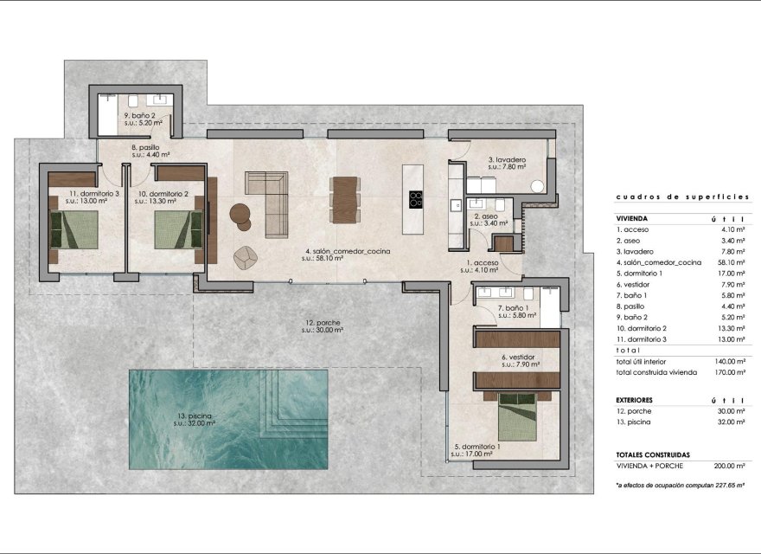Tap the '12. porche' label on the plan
pyautogui.click(x=323, y=323)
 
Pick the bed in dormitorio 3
pyautogui.click(x=75, y=229)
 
